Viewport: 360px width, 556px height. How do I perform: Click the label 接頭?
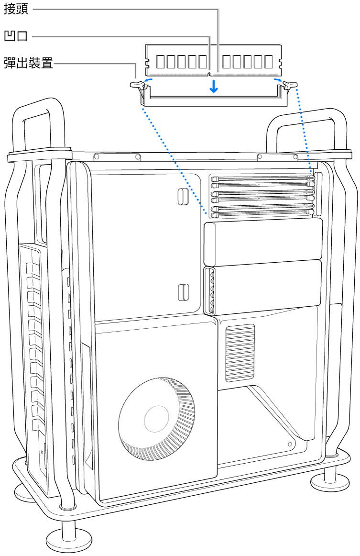point(16,10)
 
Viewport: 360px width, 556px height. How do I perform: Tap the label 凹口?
point(16,36)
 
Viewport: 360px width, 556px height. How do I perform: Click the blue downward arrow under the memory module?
point(215,86)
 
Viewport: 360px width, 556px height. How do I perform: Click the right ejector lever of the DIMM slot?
point(289,86)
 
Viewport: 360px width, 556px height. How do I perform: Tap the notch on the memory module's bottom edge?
point(210,74)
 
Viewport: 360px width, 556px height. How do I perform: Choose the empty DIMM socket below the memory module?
point(213,98)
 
